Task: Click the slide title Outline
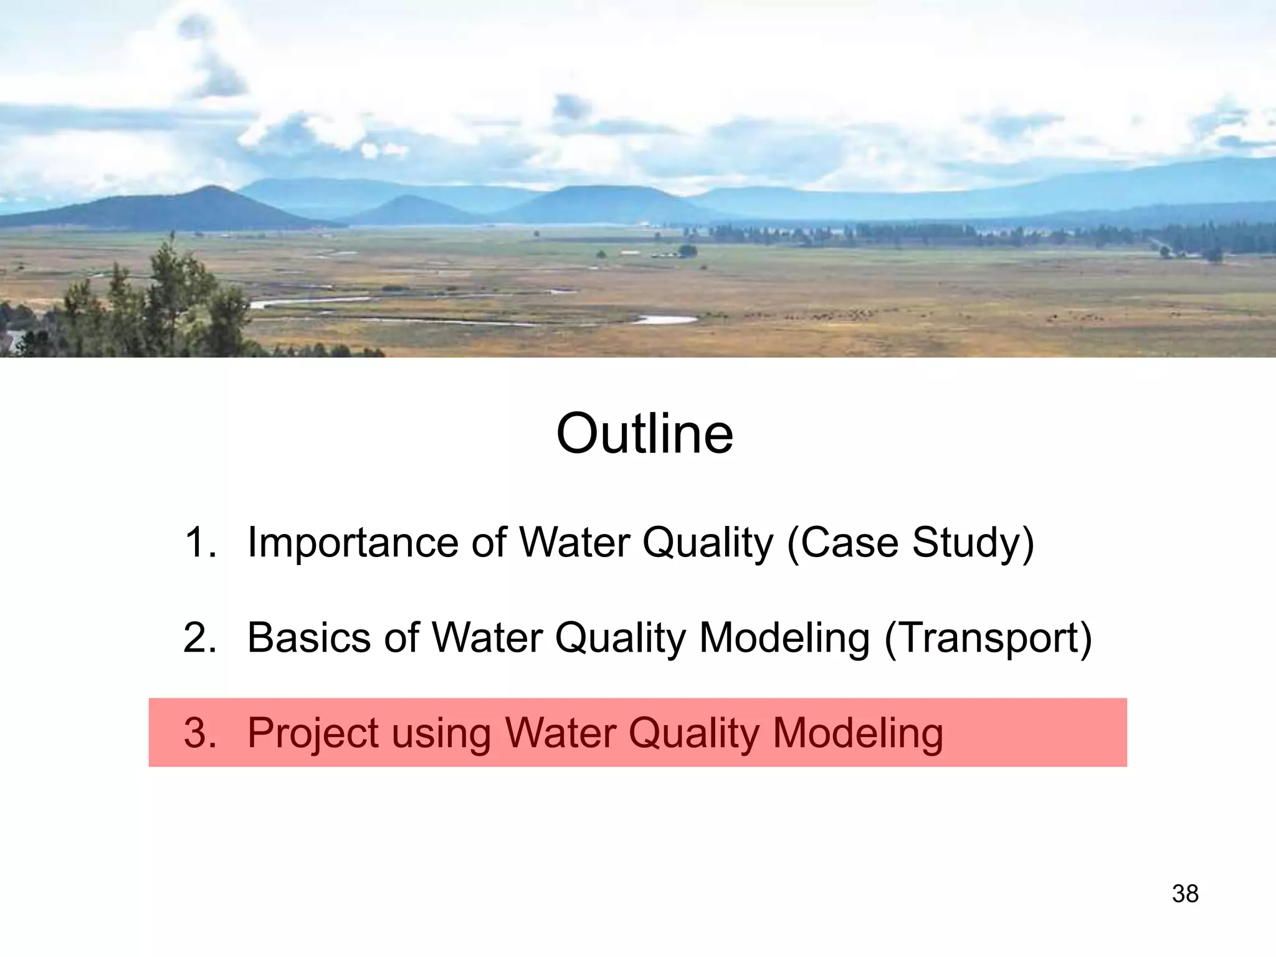point(644,434)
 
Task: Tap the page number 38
point(1185,893)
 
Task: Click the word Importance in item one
point(353,542)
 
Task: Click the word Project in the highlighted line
point(312,733)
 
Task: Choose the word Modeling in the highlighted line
point(858,733)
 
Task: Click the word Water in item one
point(574,542)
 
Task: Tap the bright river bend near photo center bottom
point(667,320)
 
